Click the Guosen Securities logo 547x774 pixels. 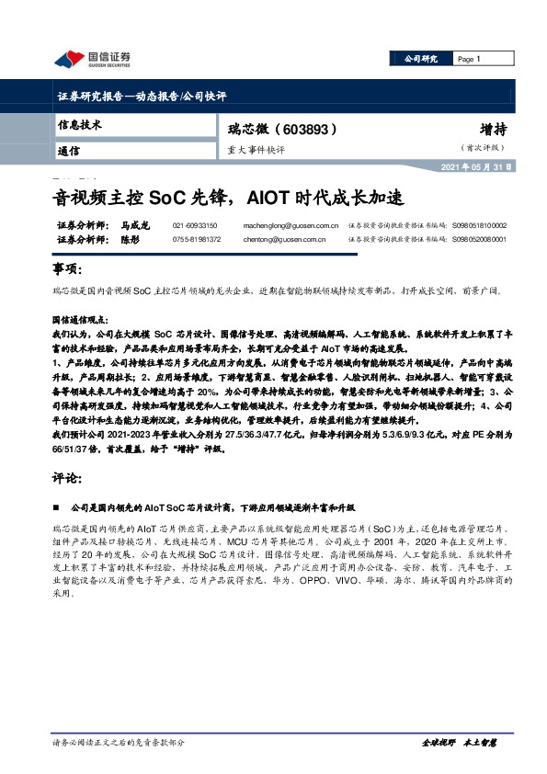[x=92, y=60]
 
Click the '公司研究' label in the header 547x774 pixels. [x=421, y=58]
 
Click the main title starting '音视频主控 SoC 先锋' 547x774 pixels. [x=226, y=198]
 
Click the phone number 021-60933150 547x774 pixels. [x=195, y=225]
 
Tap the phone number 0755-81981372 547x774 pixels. [x=197, y=238]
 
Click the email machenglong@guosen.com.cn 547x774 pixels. [x=291, y=225]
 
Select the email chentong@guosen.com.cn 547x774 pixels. [x=285, y=238]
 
